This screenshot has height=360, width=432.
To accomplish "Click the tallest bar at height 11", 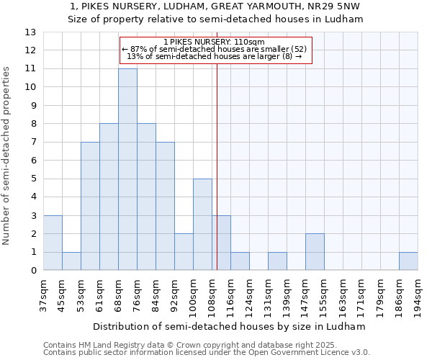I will (127, 169).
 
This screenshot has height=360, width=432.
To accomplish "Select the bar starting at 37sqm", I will (53, 243).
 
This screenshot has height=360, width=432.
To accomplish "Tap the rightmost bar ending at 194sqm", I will (408, 261).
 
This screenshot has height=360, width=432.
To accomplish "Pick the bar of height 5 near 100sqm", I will (202, 225).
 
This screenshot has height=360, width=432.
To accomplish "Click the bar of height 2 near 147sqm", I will (315, 252).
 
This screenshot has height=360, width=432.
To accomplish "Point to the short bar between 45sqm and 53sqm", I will (71, 261).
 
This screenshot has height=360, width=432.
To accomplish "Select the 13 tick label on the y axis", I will (30, 32).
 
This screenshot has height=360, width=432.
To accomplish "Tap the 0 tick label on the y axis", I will (33, 271).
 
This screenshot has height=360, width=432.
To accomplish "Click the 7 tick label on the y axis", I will (33, 143).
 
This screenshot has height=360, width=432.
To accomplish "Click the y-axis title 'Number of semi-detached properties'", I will (7, 155).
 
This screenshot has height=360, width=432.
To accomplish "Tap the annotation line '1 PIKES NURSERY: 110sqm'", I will (215, 42).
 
